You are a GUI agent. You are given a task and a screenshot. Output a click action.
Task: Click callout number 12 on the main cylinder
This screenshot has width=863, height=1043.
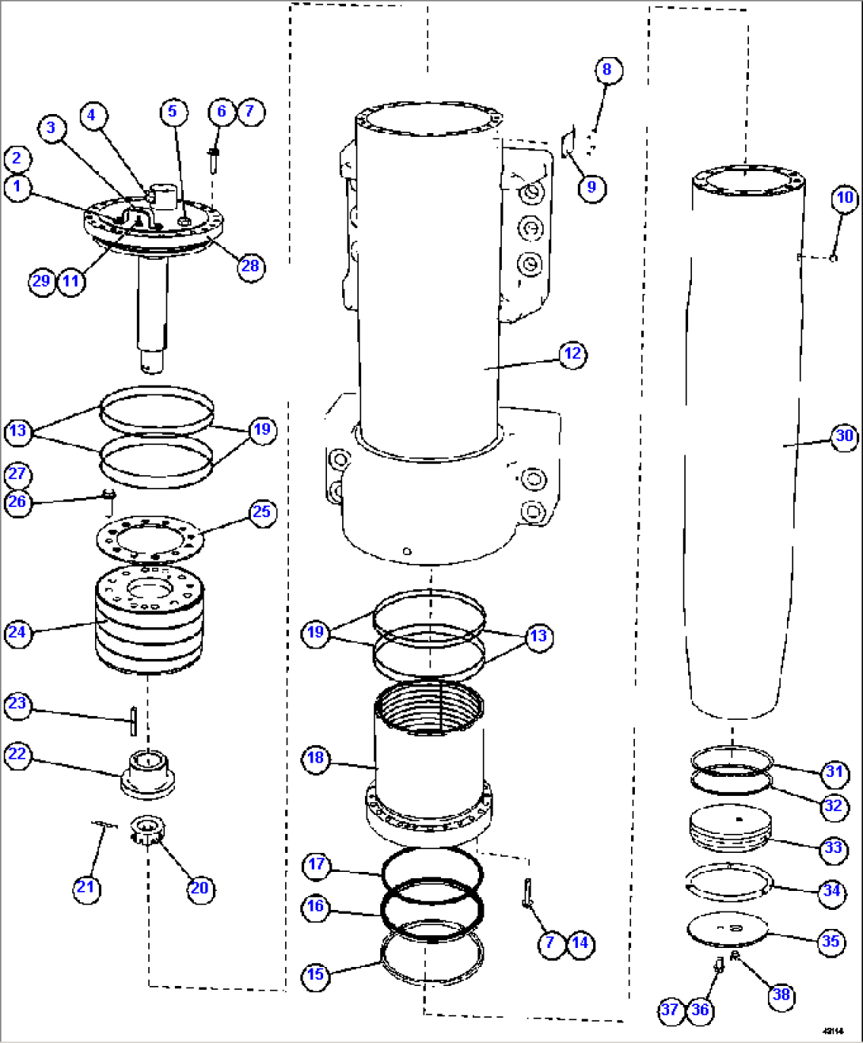click(572, 354)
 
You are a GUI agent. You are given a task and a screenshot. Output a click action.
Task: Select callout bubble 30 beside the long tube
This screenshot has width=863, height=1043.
click(844, 436)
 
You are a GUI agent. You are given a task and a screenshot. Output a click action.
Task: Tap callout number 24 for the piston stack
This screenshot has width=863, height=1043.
click(17, 633)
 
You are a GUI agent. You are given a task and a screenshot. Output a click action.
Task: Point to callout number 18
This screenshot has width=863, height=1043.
click(315, 758)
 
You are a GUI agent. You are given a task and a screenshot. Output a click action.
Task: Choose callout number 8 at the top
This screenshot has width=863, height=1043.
click(607, 70)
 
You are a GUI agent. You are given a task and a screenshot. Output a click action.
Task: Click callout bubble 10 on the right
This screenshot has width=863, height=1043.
click(845, 198)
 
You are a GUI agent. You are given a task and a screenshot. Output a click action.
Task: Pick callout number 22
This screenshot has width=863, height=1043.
click(17, 754)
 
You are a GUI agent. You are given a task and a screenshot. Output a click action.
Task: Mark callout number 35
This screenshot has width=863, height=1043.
click(831, 942)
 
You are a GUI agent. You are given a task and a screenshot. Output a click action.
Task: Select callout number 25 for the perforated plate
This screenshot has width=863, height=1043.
click(261, 512)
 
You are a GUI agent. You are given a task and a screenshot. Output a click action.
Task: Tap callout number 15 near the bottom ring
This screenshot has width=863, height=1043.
click(315, 975)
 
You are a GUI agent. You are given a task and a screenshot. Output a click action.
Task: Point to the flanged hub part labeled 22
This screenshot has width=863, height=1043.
click(147, 772)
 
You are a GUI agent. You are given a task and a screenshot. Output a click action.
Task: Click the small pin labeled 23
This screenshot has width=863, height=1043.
click(134, 720)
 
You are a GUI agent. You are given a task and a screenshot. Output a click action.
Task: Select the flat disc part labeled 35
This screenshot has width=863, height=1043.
click(727, 929)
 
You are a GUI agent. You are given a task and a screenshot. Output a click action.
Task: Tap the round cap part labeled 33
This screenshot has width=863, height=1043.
click(729, 829)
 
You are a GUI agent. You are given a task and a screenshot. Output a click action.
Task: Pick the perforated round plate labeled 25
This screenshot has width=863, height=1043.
click(150, 539)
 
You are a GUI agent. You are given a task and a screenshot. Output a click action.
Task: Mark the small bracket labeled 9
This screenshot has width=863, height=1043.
click(568, 145)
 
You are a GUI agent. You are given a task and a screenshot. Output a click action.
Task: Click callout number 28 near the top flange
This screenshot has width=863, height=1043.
click(250, 266)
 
